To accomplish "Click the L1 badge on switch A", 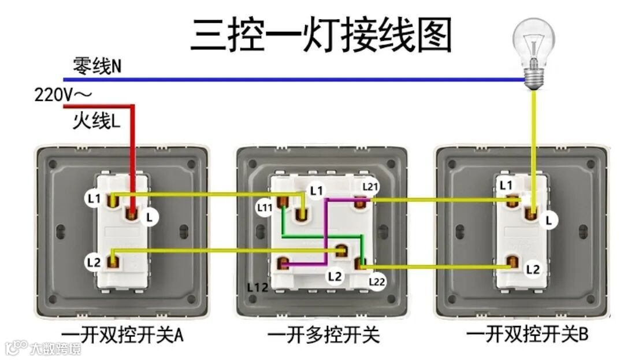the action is tap(94, 199).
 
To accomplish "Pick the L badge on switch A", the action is tap(150, 217).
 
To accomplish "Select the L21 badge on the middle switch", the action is tap(370, 187).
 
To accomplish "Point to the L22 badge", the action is tap(377, 281).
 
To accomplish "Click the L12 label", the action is tap(257, 287).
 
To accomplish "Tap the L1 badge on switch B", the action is tap(506, 185).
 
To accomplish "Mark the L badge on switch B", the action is tap(549, 220).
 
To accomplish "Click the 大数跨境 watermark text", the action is tap(55, 348).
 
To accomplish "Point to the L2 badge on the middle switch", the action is tap(335, 276).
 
